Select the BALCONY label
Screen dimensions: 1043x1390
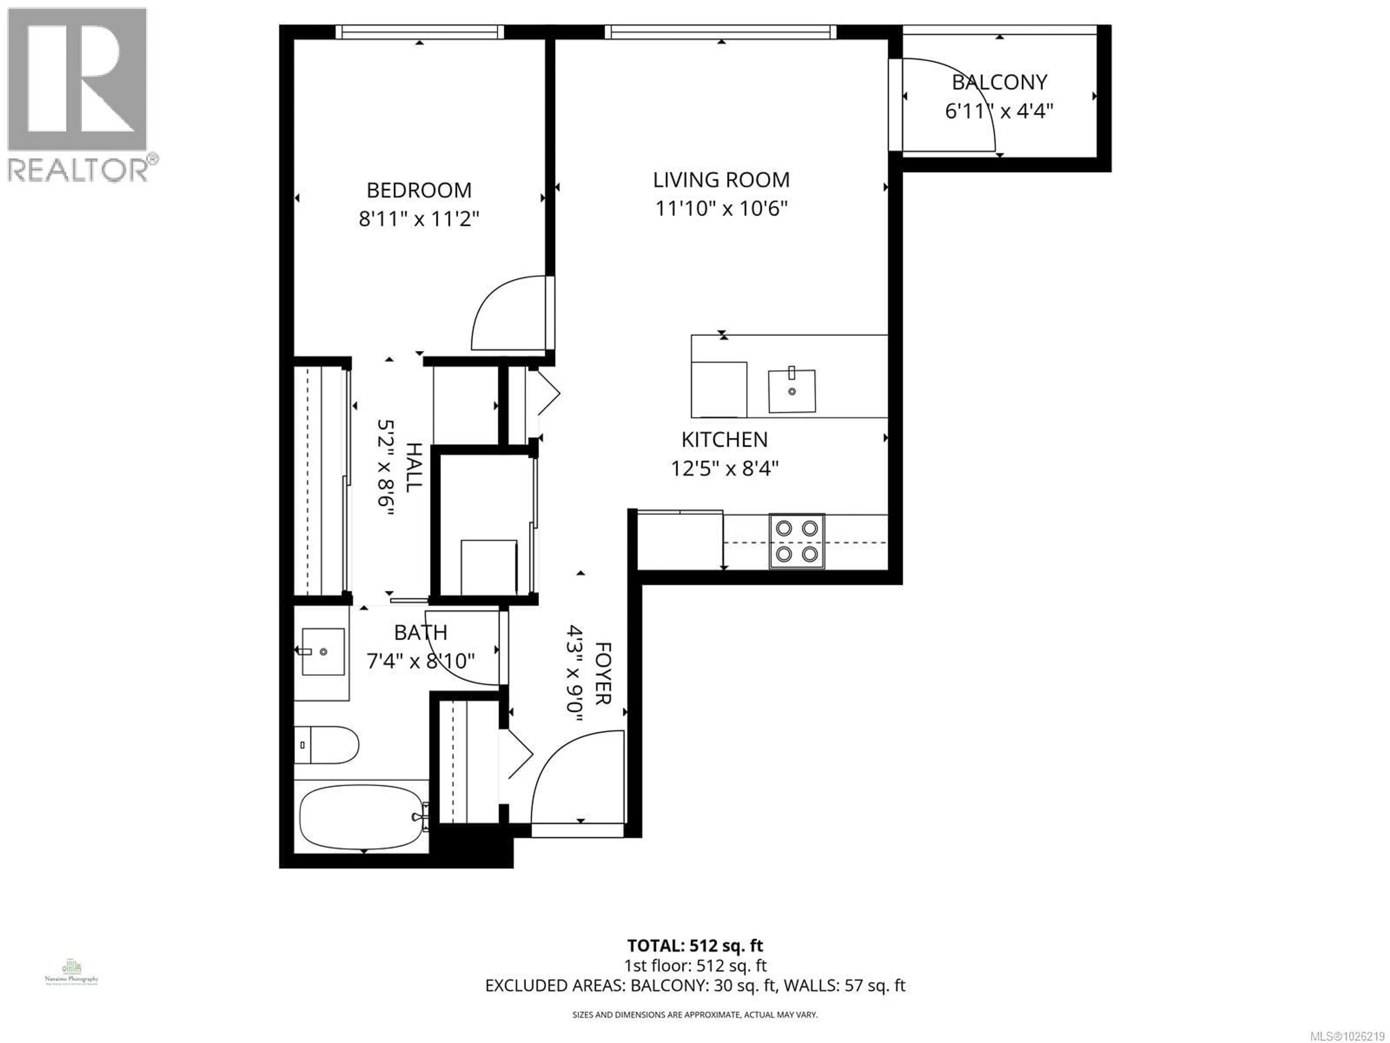[x=999, y=82]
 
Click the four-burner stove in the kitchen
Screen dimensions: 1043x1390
[x=796, y=541]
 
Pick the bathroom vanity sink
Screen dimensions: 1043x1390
[x=323, y=651]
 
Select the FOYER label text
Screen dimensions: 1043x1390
[x=602, y=673]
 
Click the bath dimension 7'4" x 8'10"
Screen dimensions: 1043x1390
[x=420, y=661]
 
